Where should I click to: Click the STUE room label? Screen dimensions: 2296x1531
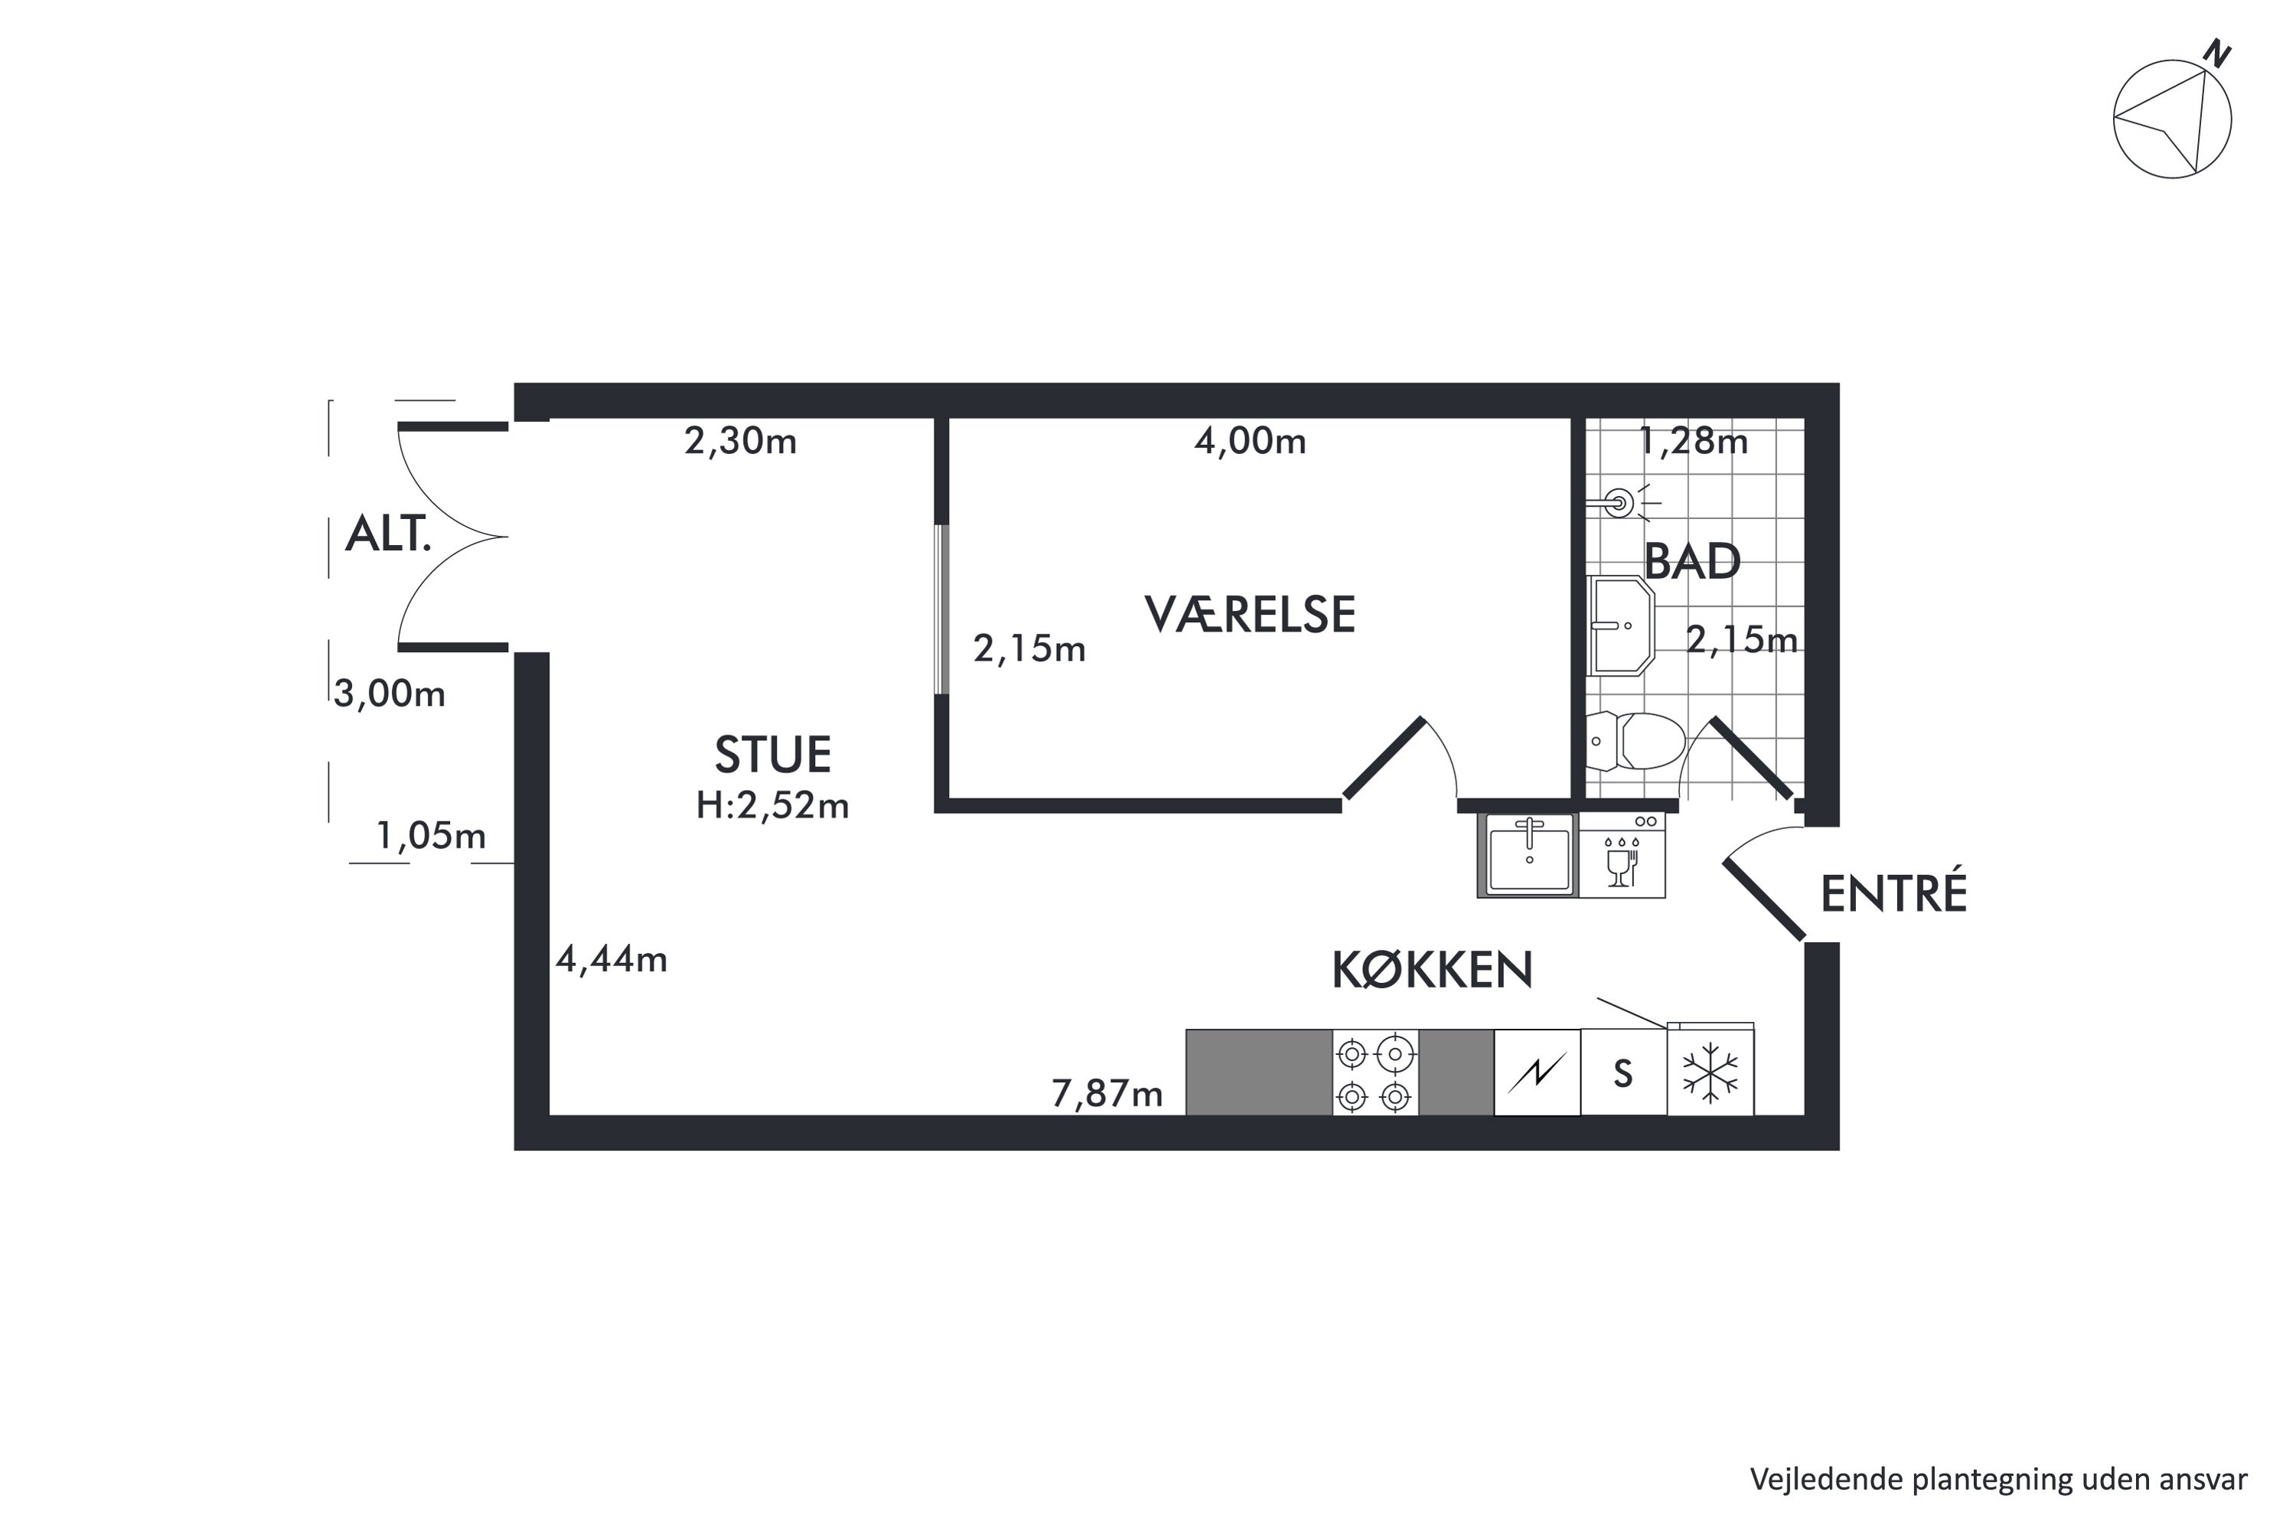point(772,755)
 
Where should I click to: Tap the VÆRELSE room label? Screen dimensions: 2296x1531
point(1250,614)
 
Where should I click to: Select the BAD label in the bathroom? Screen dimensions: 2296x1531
point(1693,561)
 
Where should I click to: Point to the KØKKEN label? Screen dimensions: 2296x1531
point(1432,971)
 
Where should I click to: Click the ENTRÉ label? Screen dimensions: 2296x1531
point(1893,893)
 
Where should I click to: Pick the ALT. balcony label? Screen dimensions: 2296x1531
point(387,534)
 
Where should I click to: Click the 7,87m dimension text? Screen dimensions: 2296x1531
point(1107,1094)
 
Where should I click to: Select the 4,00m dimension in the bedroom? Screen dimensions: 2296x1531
point(1250,442)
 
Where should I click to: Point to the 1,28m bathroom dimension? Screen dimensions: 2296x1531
point(1693,442)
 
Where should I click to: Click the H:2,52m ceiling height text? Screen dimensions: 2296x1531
point(772,805)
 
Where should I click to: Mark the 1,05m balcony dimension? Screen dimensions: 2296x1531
point(430,836)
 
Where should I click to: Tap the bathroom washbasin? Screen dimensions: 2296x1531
point(1620,626)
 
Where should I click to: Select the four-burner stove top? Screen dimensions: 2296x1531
point(1375,1072)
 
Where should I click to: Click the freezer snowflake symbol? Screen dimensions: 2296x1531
point(1711,1072)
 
